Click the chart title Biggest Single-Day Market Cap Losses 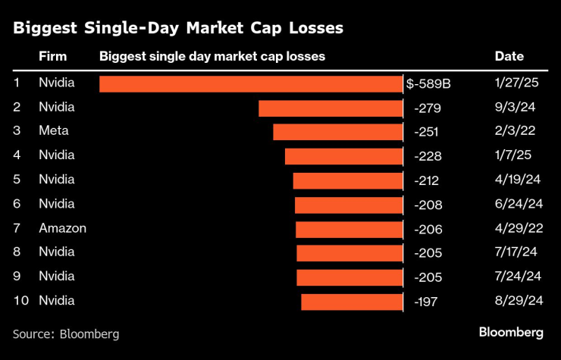click(x=178, y=29)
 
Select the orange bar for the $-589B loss click(x=251, y=83)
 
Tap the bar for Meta click(x=337, y=132)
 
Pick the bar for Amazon click(x=349, y=229)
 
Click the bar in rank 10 click(x=352, y=302)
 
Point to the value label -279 click(x=428, y=108)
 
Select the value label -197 click(x=428, y=302)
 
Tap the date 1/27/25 click(x=516, y=83)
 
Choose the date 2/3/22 click(x=515, y=131)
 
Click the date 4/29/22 click(x=518, y=228)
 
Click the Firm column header click(x=52, y=57)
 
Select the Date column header click(x=509, y=57)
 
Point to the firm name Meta click(x=53, y=131)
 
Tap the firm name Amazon click(x=62, y=228)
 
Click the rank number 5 click(x=17, y=180)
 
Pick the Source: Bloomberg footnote click(x=66, y=333)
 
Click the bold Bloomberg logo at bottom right click(x=511, y=333)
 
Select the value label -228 click(x=428, y=156)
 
